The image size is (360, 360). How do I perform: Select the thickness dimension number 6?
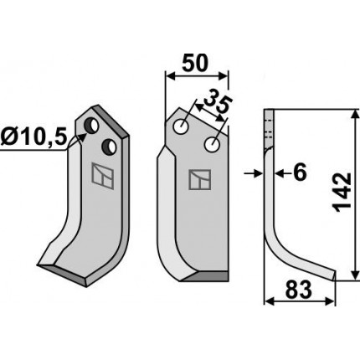coord(300,172)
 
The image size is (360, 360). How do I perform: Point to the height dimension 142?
coord(343,193)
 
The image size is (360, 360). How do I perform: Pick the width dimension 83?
coord(298,290)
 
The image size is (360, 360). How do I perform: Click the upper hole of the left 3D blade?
coord(92,126)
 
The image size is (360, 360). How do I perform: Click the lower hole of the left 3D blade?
coord(109,147)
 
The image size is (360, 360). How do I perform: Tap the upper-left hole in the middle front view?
coord(181,126)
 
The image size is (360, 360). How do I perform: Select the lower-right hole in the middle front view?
coord(213,144)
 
